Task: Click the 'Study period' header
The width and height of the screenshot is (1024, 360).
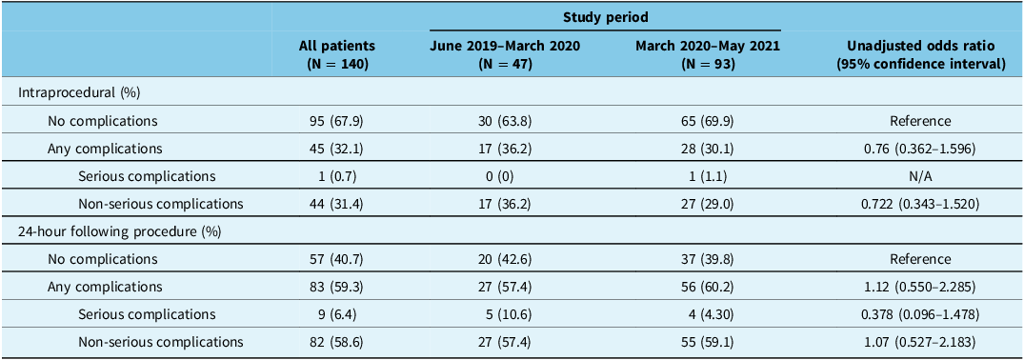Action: (x=606, y=18)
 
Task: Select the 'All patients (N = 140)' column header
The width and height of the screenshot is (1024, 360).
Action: (x=337, y=55)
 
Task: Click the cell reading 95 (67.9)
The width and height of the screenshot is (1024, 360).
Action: (x=337, y=121)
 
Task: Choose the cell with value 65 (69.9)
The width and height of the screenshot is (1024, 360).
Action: (x=710, y=121)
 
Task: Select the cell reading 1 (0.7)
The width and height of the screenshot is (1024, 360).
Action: (x=337, y=176)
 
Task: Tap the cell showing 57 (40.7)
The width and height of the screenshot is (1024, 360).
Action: (x=337, y=258)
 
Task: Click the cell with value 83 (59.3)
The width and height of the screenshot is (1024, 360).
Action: (x=337, y=286)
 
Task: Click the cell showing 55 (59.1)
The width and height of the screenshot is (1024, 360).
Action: (x=710, y=340)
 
